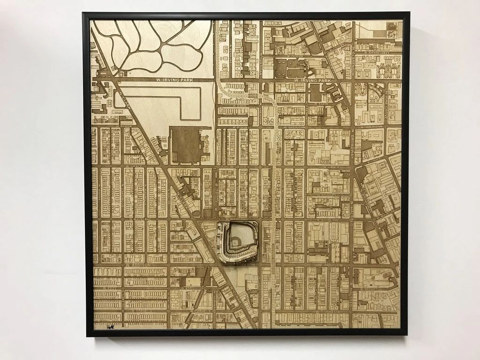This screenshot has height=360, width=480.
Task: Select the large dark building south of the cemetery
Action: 185,144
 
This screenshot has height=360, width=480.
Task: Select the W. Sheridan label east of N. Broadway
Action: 372,127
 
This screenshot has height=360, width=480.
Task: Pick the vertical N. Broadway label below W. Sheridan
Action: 351,145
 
